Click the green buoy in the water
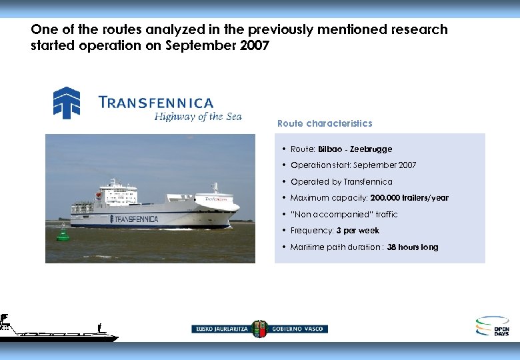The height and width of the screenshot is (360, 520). click(x=63, y=233)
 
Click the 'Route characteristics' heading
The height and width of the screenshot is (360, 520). click(x=325, y=123)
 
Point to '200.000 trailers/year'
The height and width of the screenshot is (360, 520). click(x=409, y=198)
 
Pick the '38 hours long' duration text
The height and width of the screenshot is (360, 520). click(x=413, y=247)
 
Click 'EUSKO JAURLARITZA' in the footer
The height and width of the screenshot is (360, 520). click(x=221, y=329)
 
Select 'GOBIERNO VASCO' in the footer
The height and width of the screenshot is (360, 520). click(x=298, y=329)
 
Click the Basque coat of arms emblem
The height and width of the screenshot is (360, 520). click(x=259, y=329)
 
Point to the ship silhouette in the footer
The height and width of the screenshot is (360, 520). click(x=53, y=329)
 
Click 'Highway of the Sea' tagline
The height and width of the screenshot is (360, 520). click(x=198, y=117)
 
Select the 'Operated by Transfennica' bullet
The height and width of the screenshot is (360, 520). click(x=341, y=182)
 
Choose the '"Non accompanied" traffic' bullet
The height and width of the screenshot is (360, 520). click(x=344, y=215)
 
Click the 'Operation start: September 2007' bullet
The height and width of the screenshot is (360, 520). click(x=353, y=165)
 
